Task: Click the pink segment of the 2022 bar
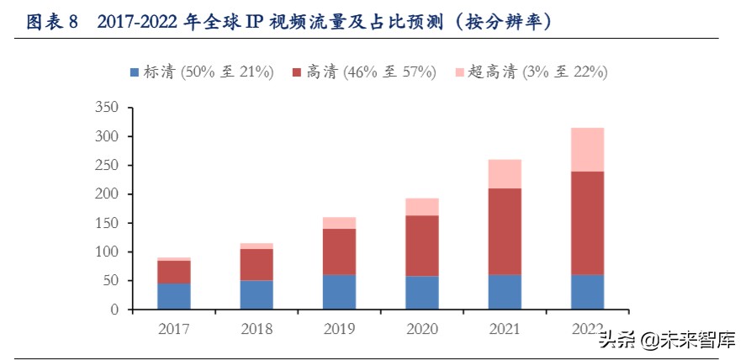(587, 149)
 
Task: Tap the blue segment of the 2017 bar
(173, 296)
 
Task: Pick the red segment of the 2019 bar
(339, 251)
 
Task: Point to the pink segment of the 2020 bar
(421, 207)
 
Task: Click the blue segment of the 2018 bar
(256, 294)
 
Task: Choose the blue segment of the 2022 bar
(587, 292)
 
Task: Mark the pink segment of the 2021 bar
(505, 173)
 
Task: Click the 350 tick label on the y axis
(108, 108)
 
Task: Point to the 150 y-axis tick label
(108, 223)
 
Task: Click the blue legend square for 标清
(135, 73)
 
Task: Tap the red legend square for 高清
(296, 73)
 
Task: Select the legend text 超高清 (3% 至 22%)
(538, 73)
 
